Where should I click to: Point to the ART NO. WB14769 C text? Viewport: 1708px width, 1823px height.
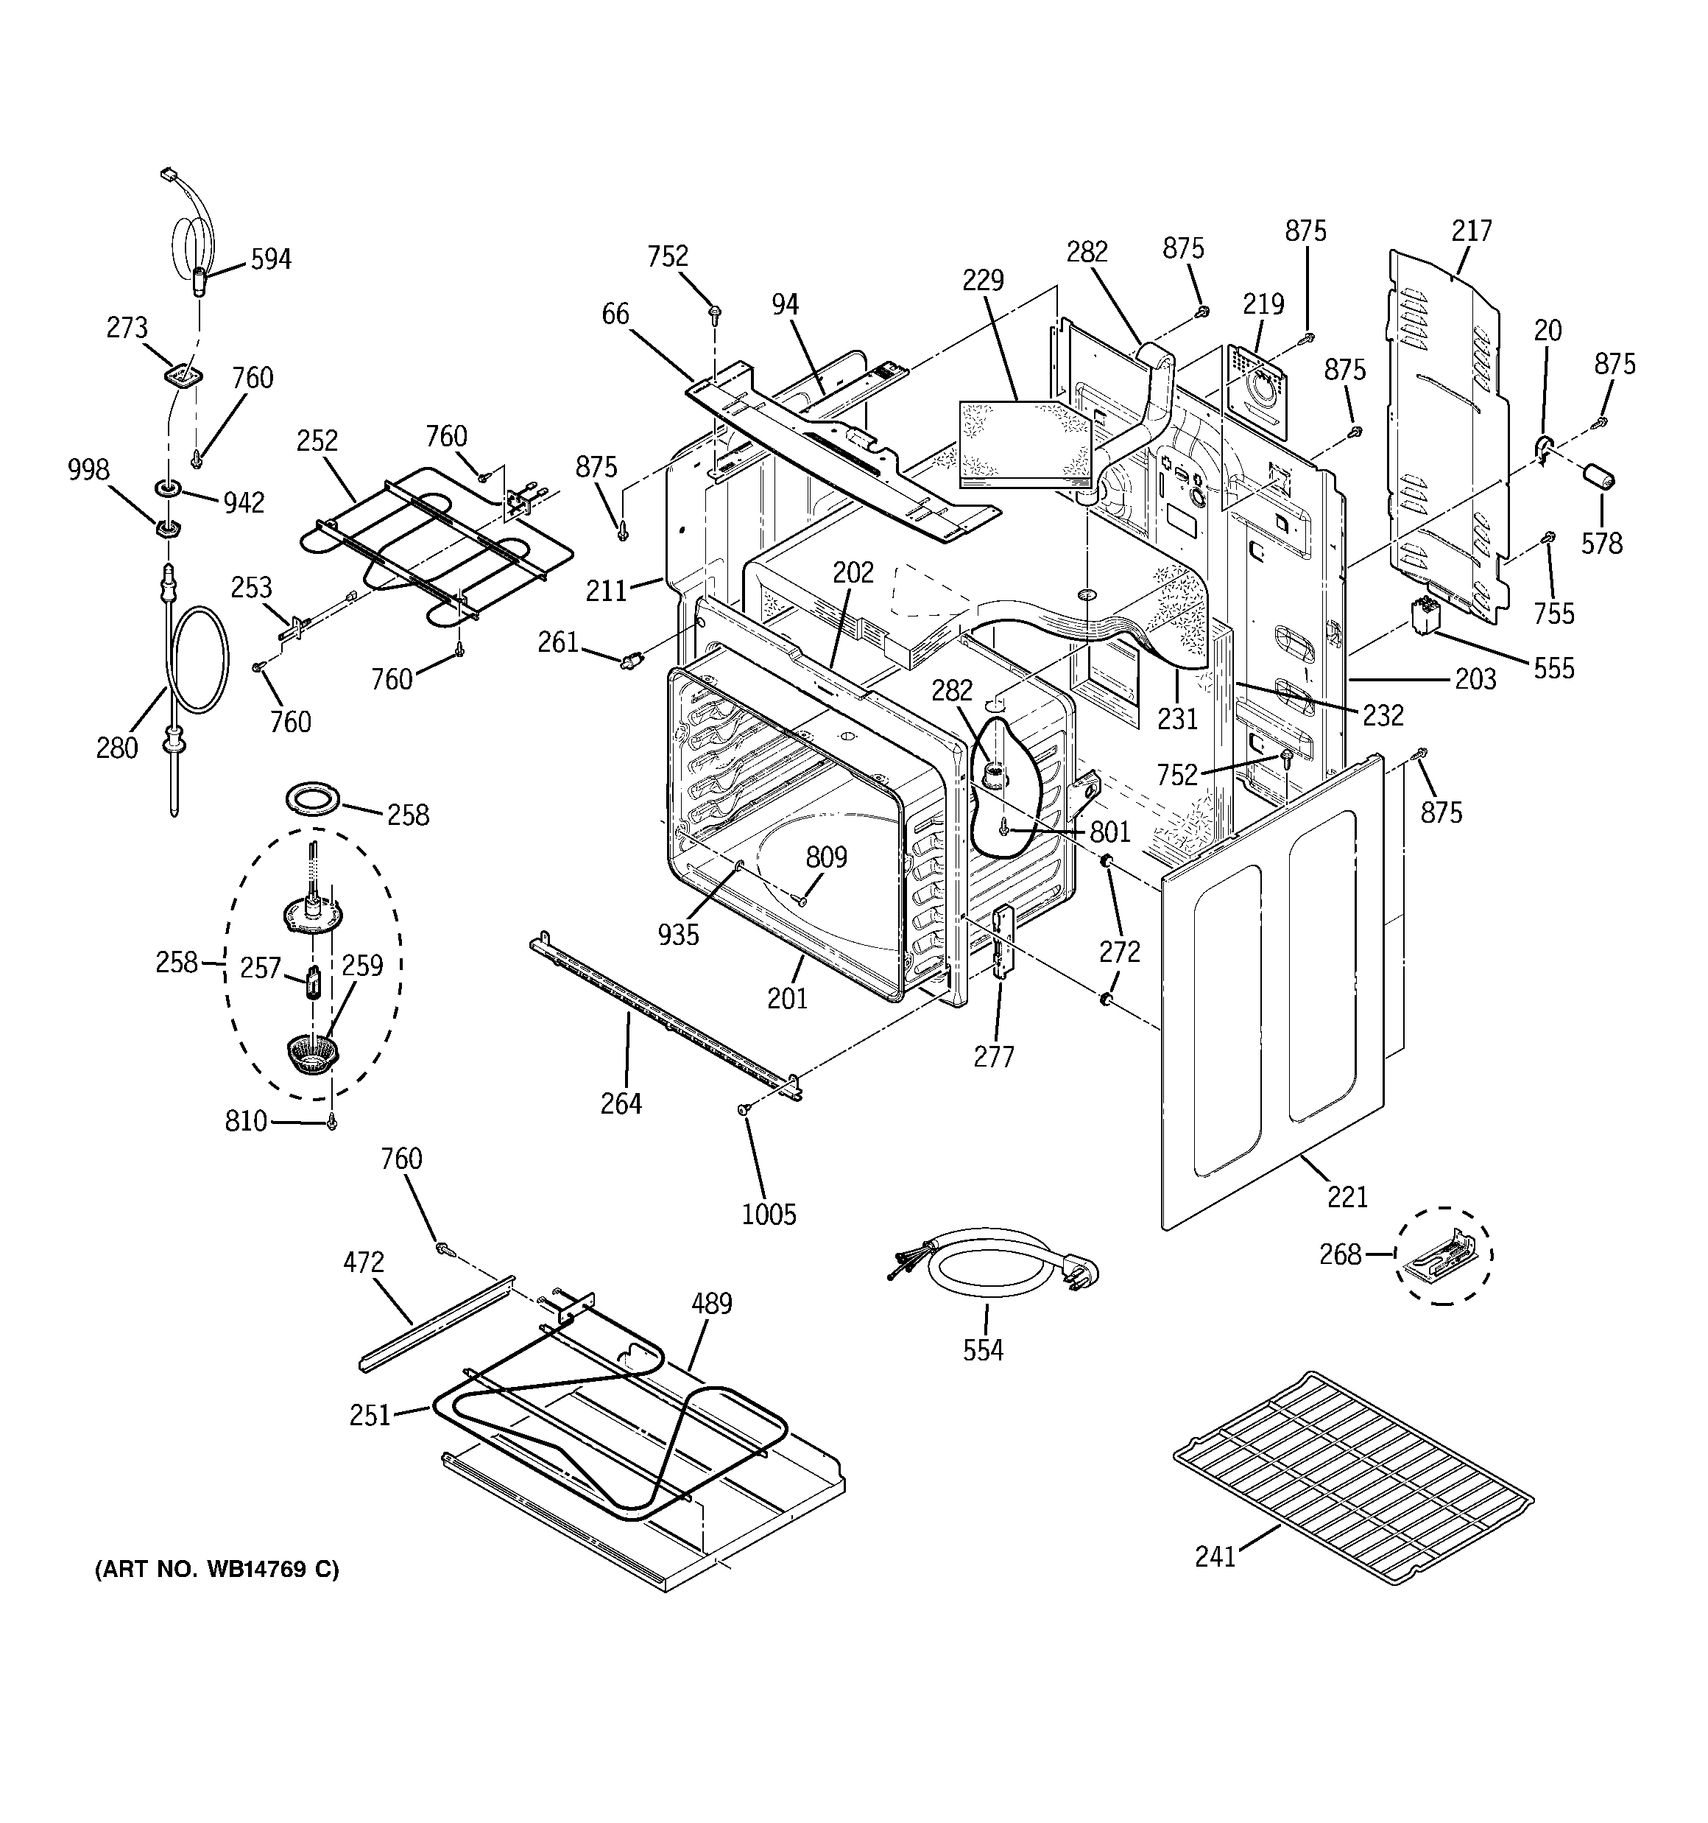pyautogui.click(x=216, y=1570)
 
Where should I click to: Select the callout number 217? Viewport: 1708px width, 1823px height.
pyautogui.click(x=1472, y=230)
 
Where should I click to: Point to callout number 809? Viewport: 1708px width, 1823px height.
pyautogui.click(x=826, y=857)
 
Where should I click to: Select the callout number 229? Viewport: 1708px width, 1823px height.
pyautogui.click(x=983, y=280)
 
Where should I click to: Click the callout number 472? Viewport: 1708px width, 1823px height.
pyautogui.click(x=363, y=1262)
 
